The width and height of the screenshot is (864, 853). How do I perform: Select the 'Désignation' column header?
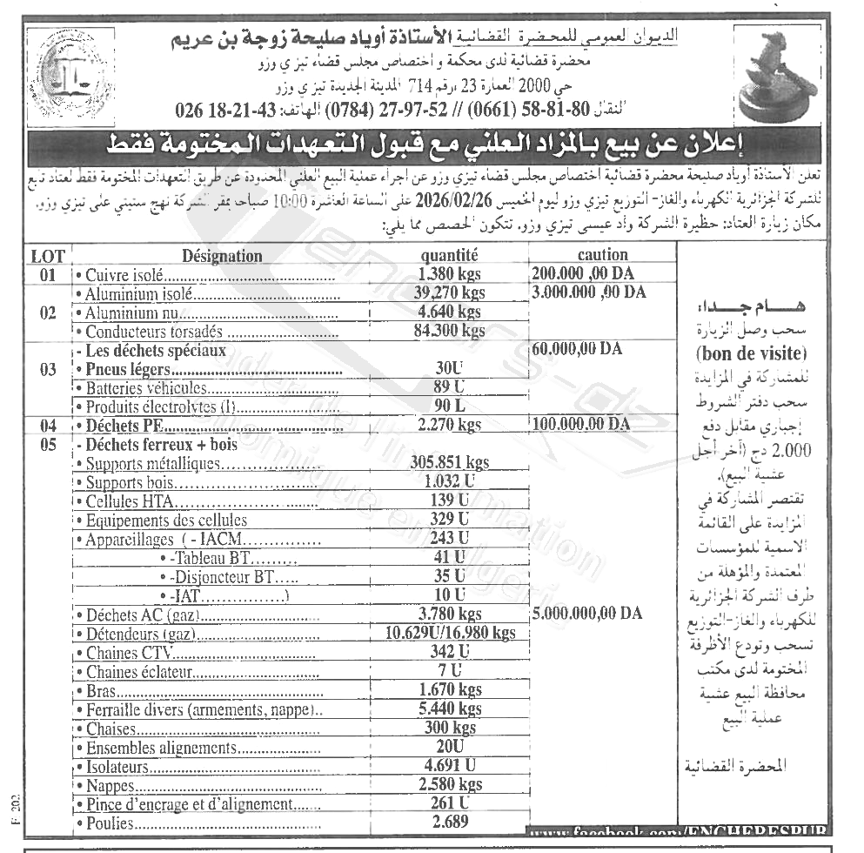[222, 256]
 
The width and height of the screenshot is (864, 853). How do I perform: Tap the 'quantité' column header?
[449, 256]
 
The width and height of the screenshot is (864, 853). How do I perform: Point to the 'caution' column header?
[602, 255]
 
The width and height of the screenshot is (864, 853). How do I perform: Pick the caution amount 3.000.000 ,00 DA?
[589, 292]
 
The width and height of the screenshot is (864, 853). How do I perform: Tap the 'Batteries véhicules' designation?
[147, 387]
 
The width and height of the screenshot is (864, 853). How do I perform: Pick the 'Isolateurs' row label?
[118, 768]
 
